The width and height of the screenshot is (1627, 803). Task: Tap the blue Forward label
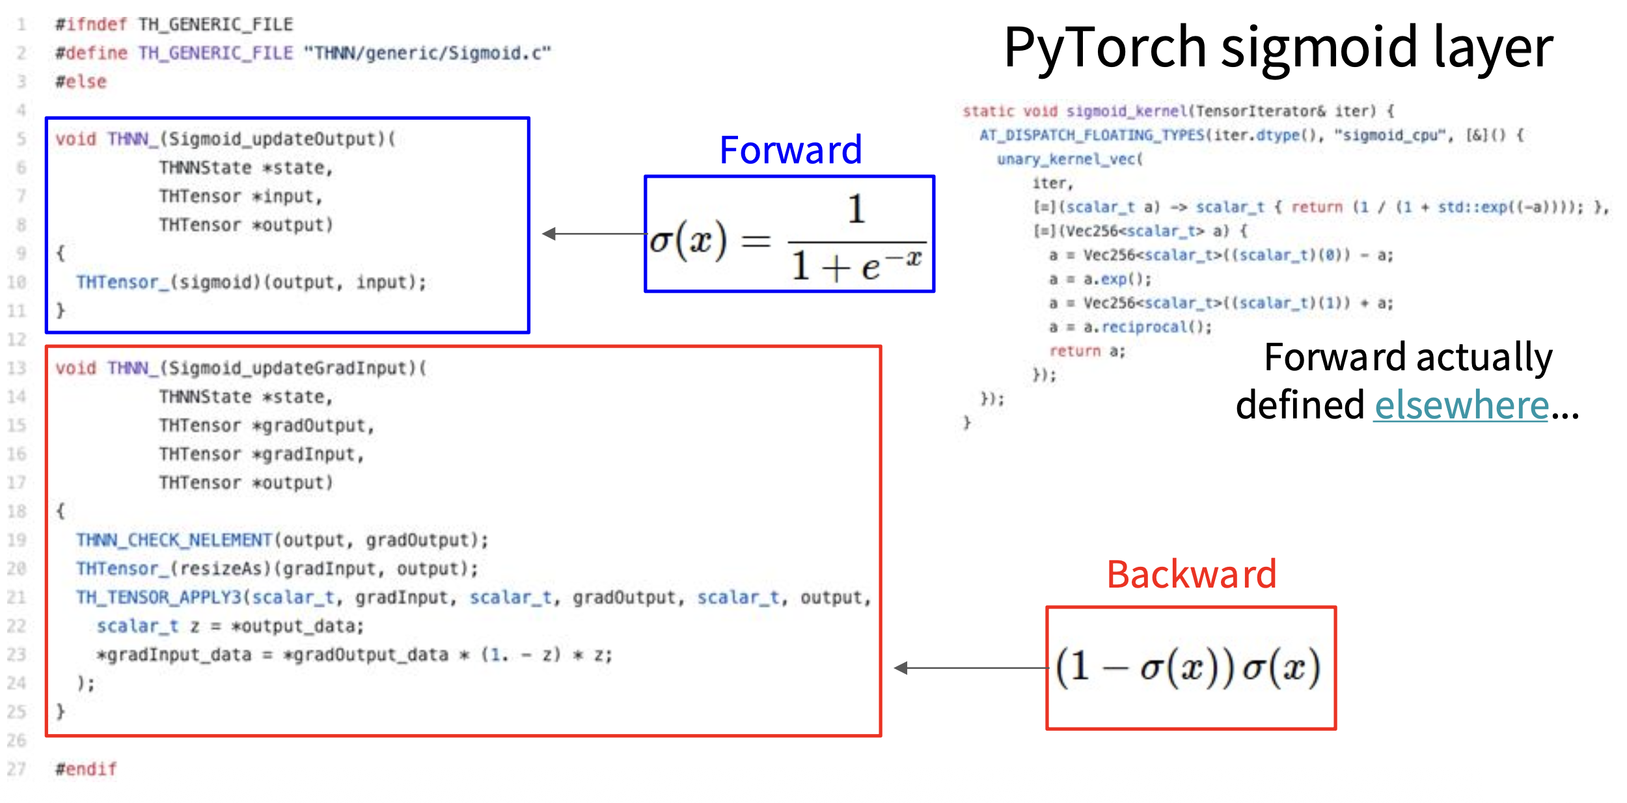[790, 150]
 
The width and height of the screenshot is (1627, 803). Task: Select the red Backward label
[1191, 575]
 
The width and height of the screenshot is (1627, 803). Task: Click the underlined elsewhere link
[1461, 405]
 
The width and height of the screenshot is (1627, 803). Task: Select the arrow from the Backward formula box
[970, 668]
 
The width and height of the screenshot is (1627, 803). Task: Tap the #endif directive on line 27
[86, 769]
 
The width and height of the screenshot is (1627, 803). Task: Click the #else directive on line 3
[81, 82]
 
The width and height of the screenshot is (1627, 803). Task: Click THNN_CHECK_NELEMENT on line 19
[173, 540]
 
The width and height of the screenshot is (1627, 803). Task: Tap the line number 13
[17, 368]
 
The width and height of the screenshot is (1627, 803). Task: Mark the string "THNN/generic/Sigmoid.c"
[427, 53]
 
